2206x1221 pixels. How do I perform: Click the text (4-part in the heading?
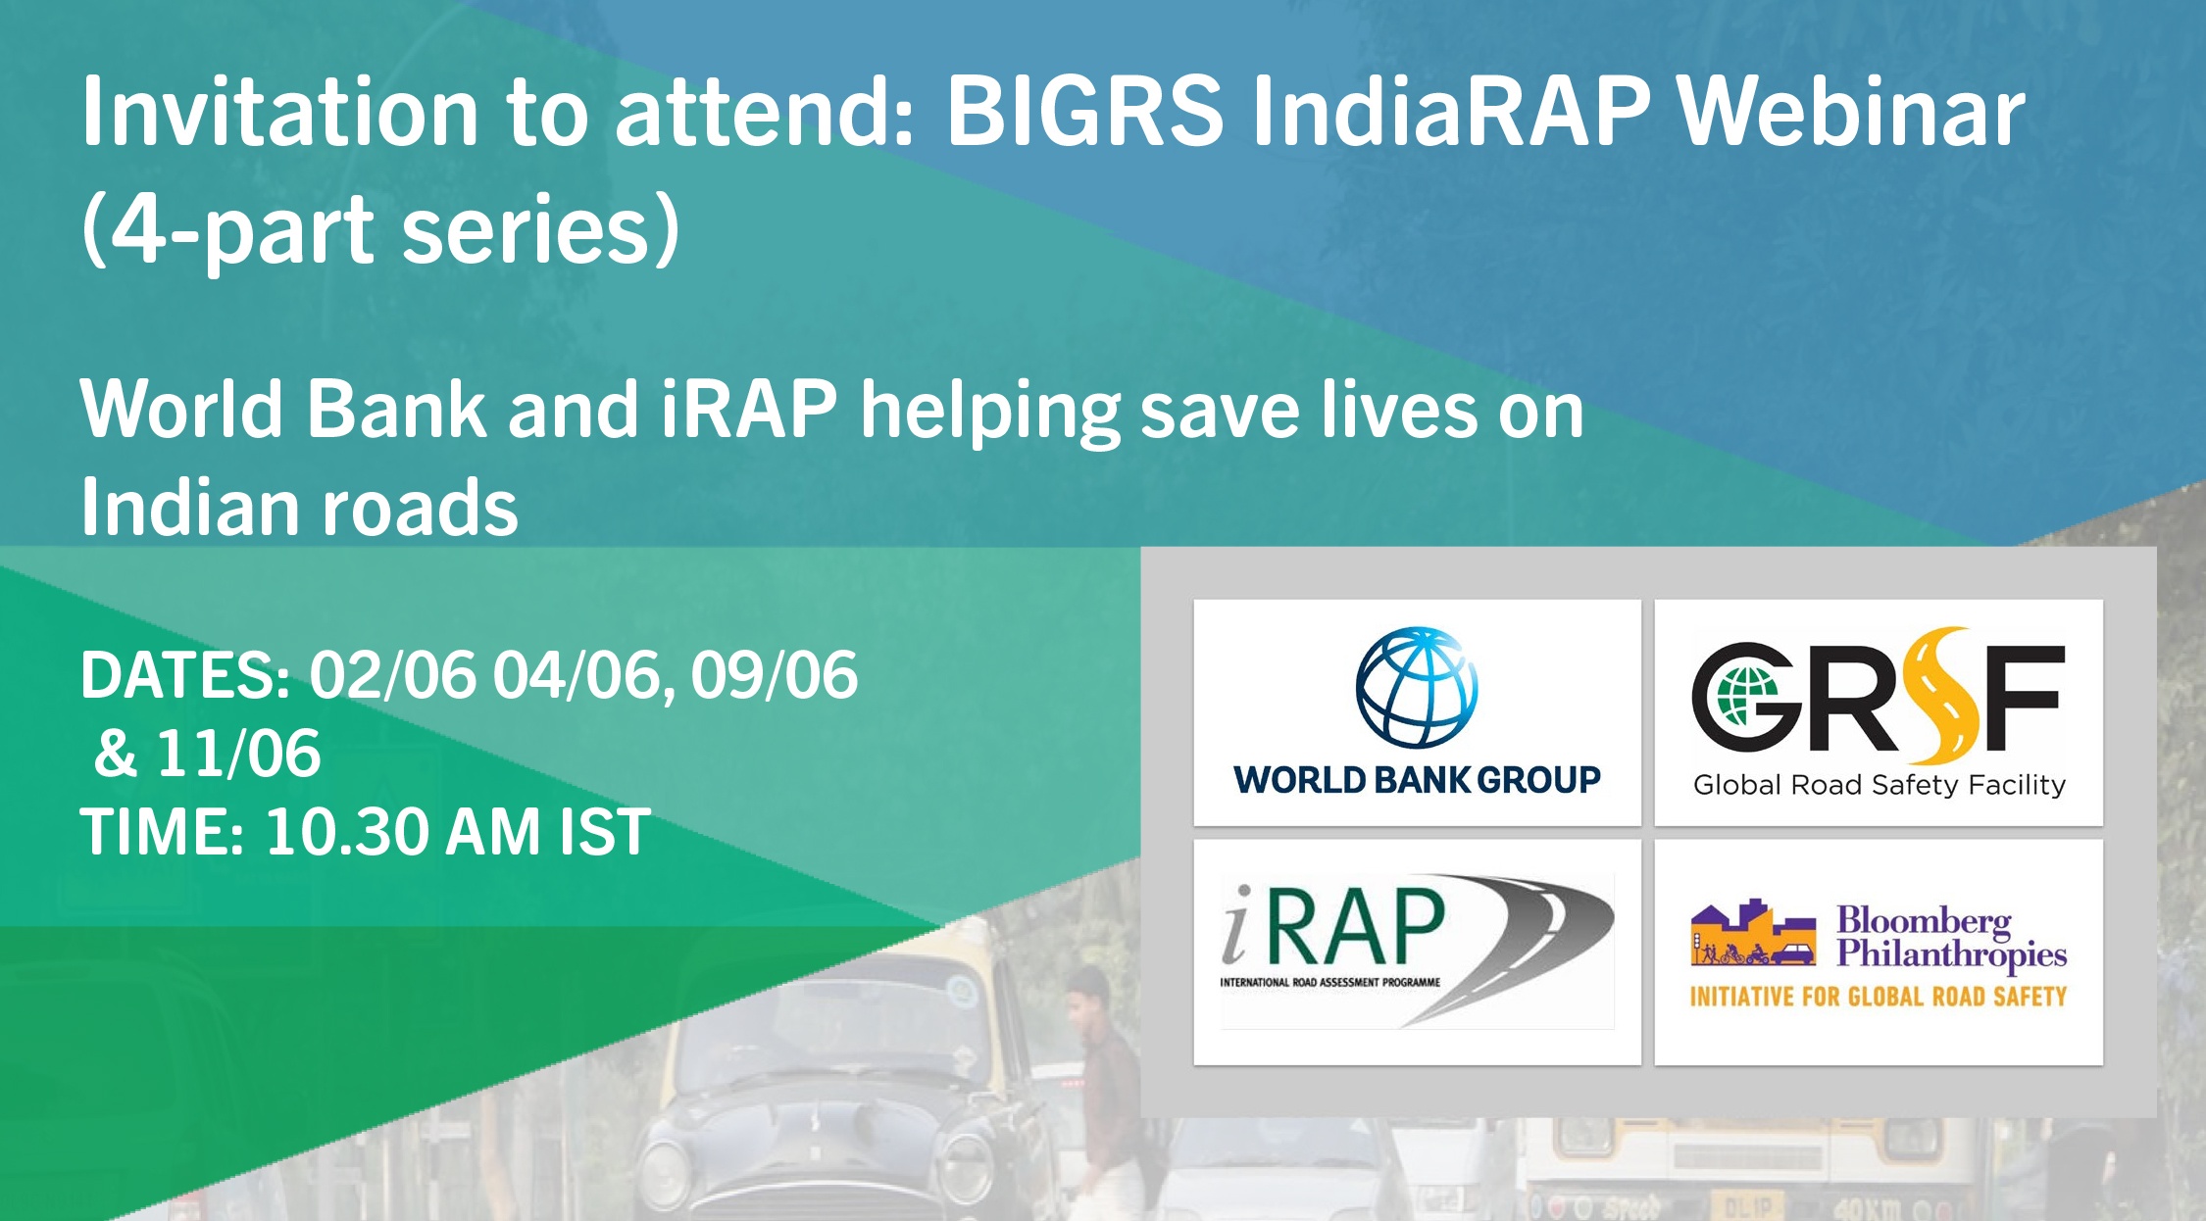pyautogui.click(x=227, y=231)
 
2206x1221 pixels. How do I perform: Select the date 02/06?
pyautogui.click(x=392, y=675)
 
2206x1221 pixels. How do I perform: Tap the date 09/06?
pyautogui.click(x=775, y=675)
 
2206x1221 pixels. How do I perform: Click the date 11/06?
pyautogui.click(x=239, y=754)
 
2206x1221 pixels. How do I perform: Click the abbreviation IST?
pyautogui.click(x=605, y=832)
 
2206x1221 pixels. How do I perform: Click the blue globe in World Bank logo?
pyautogui.click(x=1417, y=687)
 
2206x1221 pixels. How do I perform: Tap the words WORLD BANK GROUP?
pyautogui.click(x=1417, y=780)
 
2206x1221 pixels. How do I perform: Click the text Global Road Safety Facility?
pyautogui.click(x=1880, y=785)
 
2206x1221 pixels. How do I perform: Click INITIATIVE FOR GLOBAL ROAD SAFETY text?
pyautogui.click(x=1879, y=997)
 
